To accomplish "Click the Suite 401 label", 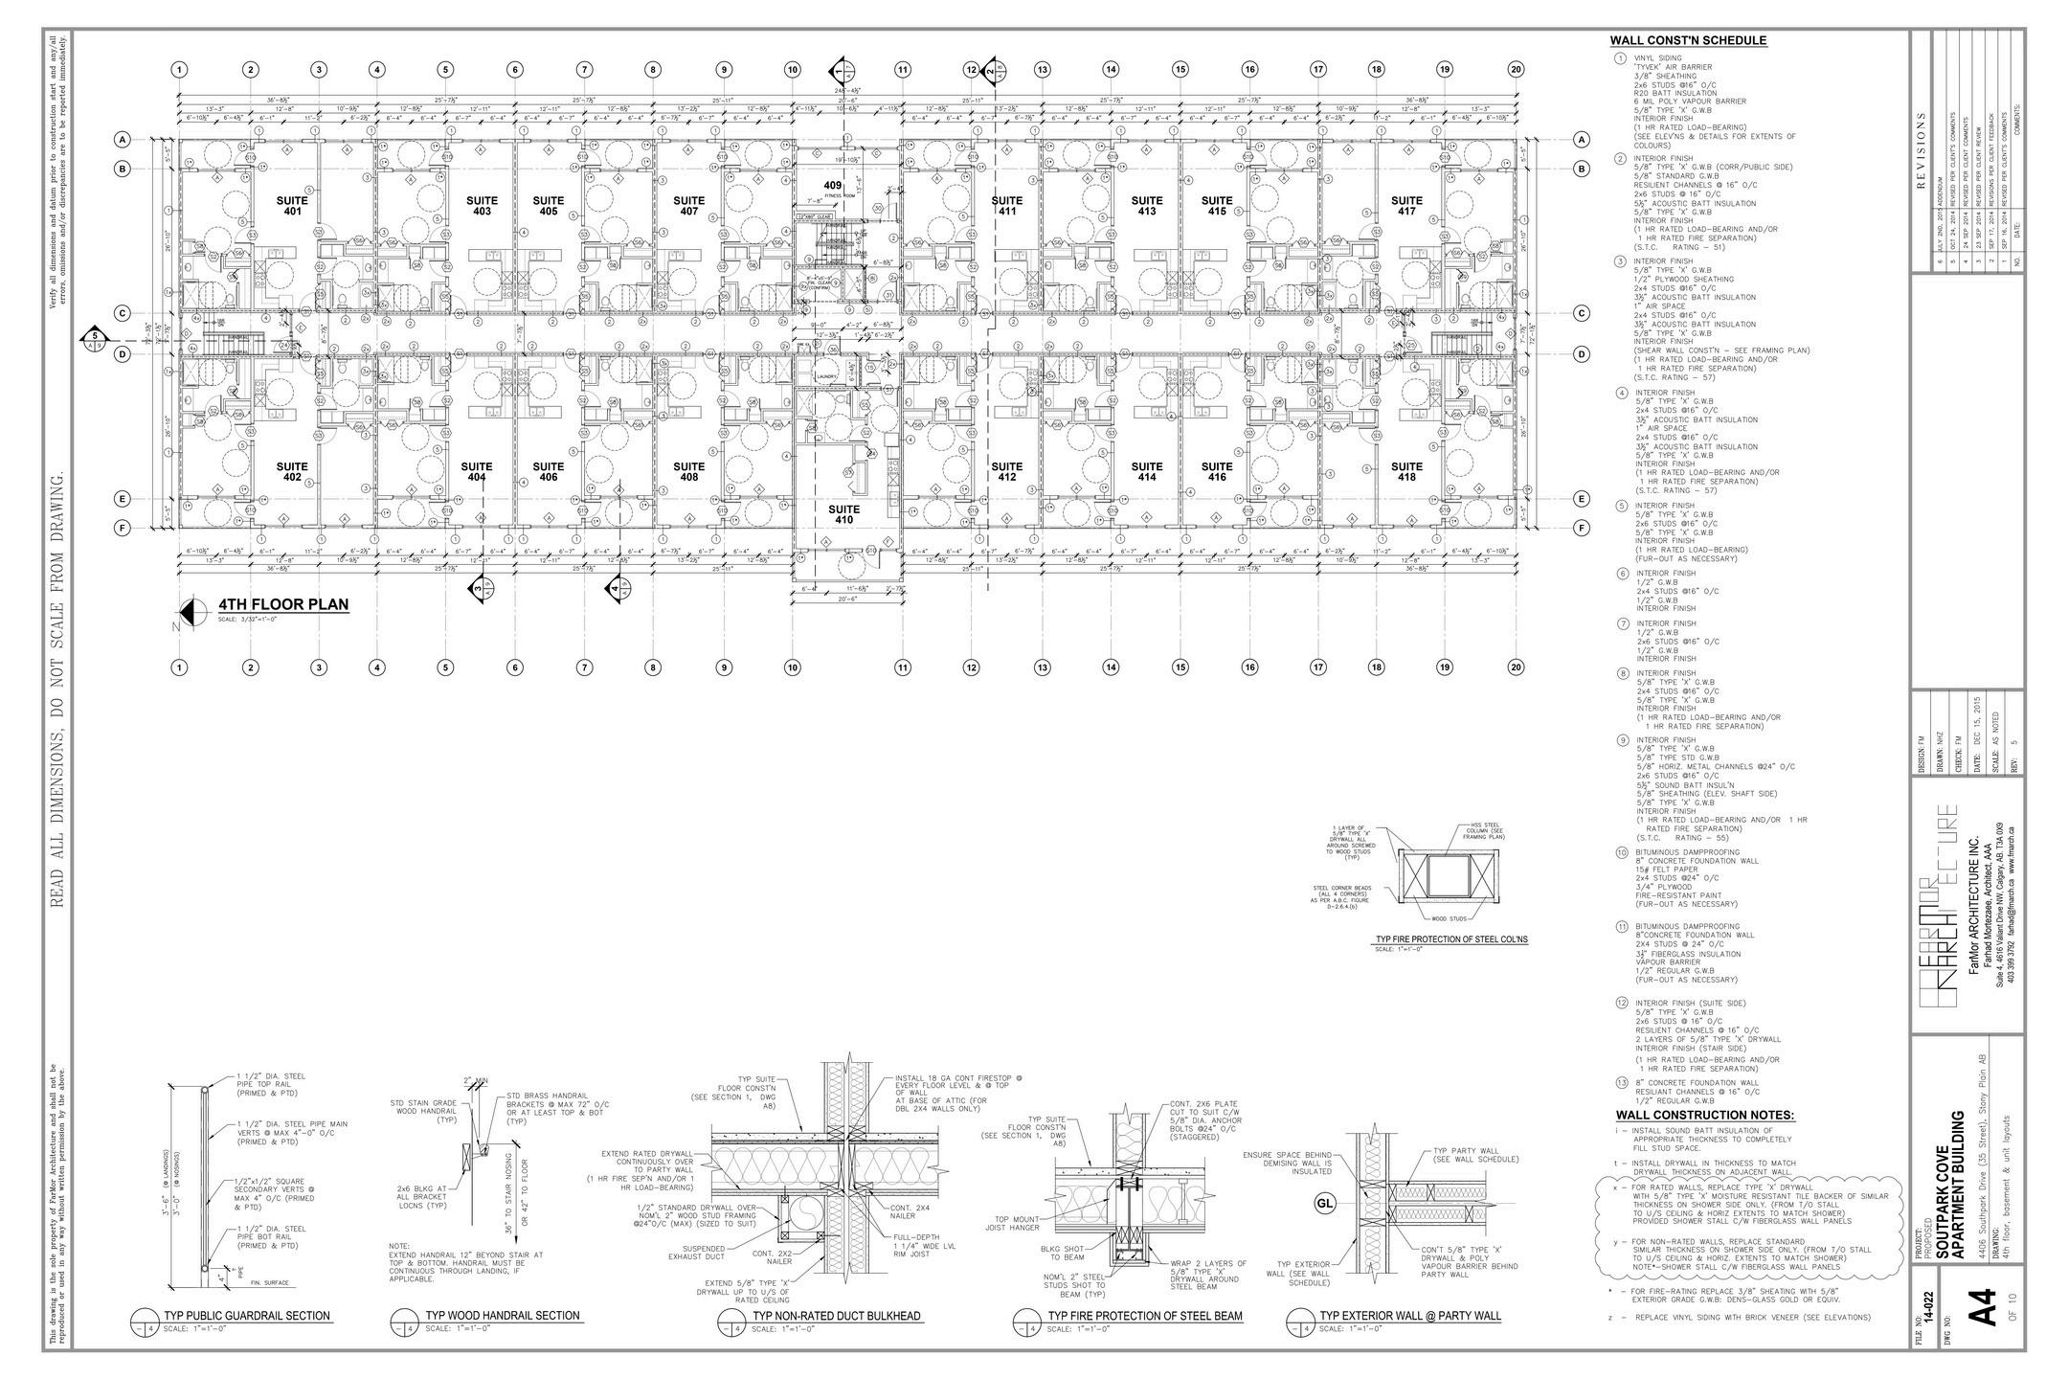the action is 293,205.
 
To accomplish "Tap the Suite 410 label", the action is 843,514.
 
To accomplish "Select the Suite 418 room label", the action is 1406,471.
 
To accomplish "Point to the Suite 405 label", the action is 548,205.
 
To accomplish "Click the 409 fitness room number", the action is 832,185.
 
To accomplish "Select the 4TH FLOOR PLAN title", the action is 283,605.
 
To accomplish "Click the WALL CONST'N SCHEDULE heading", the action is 1688,40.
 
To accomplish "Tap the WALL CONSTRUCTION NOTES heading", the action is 1705,1115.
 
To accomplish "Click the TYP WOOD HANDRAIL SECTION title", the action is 503,1316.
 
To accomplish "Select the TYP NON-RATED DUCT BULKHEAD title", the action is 836,1316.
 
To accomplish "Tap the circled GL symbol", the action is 1325,1204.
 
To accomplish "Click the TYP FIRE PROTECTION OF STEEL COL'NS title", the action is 1451,939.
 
